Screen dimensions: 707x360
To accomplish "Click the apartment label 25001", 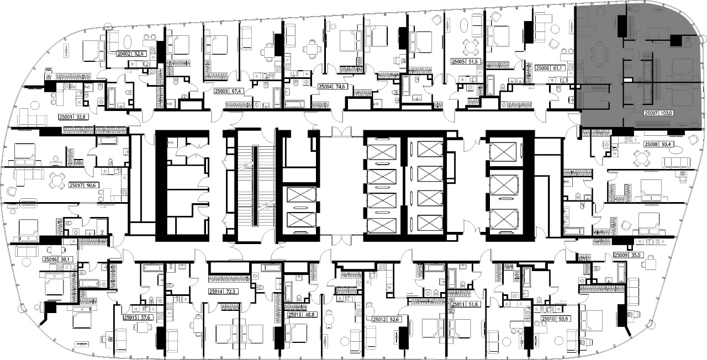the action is tap(66, 117).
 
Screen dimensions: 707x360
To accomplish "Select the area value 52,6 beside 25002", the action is tap(139, 54).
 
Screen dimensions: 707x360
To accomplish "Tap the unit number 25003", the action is tap(221, 91).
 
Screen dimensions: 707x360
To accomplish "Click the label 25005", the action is tap(458, 62).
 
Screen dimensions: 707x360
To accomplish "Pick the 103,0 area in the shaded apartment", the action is tap(665, 113).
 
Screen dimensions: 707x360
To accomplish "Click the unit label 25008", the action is tap(651, 145).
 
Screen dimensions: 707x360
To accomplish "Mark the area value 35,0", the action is tap(635, 255).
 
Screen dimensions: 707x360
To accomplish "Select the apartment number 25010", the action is tap(548, 319).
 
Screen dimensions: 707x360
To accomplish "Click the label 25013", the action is tap(295, 315).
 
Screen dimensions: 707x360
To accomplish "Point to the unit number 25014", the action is tap(216, 292).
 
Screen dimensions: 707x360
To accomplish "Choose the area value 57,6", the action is tap(145, 317).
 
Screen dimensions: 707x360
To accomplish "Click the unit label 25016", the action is tap(50, 260).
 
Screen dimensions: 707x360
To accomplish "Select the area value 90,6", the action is tap(91, 186).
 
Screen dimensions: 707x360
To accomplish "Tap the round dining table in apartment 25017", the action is tap(57, 181).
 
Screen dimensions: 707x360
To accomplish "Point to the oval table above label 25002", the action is tap(128, 41).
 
